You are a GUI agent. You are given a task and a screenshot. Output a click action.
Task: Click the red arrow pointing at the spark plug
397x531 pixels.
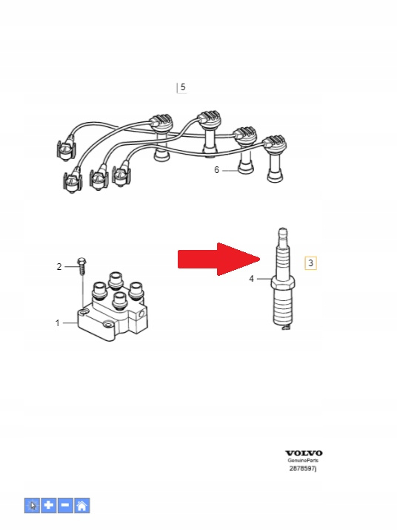tap(219, 259)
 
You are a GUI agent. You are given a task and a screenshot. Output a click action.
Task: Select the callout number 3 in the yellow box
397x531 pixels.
tap(310, 263)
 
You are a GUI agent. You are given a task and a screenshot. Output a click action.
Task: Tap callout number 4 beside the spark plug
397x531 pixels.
tap(251, 279)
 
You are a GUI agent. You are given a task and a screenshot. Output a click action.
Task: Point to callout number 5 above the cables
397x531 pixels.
tap(183, 87)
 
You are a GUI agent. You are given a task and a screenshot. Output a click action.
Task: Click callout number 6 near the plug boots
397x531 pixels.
tap(216, 169)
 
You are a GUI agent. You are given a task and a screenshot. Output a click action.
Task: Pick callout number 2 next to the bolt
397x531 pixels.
tap(59, 267)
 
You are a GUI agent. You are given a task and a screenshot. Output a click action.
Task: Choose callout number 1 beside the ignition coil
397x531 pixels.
tap(58, 323)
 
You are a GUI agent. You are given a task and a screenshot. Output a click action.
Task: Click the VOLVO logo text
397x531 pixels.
tap(304, 453)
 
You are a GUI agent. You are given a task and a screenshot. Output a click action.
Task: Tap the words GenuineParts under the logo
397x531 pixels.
tap(303, 460)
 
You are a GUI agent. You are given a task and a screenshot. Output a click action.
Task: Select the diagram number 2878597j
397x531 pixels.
tap(303, 468)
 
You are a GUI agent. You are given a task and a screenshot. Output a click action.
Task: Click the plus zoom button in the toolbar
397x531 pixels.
tap(49, 505)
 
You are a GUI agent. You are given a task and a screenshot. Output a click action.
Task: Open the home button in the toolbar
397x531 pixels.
tap(82, 505)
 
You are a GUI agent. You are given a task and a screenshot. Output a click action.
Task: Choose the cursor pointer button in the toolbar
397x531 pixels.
tap(32, 505)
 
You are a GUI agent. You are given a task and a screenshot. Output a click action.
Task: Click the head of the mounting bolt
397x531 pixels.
tap(81, 261)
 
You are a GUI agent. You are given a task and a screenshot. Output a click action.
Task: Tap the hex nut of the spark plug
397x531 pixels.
tap(282, 283)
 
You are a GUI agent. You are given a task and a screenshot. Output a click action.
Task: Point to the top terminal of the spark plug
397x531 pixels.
tap(283, 233)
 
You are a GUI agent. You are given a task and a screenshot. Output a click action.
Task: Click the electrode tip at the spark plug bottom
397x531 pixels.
tap(287, 327)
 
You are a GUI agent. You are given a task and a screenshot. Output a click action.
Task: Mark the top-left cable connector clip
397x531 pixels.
tap(66, 148)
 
